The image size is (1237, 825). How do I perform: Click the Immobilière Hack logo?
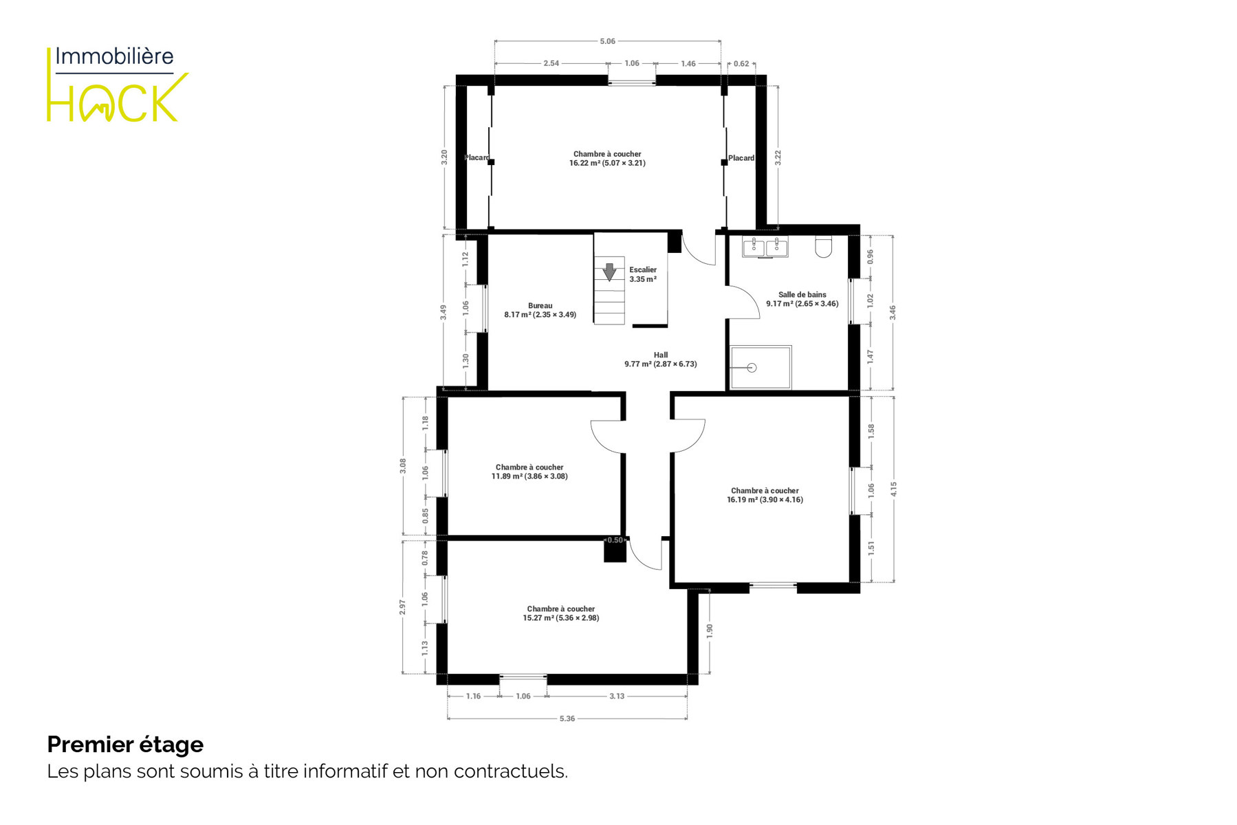click(117, 84)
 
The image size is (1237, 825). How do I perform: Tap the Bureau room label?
click(540, 310)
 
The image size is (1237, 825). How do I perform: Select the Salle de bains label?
click(802, 299)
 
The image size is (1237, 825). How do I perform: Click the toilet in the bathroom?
click(823, 247)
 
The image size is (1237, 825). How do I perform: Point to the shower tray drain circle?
click(752, 368)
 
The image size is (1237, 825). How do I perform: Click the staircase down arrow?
click(609, 272)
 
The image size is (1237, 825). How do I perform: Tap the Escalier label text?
click(643, 269)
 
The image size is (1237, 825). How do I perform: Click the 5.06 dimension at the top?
click(607, 41)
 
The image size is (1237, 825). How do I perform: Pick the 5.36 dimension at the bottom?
click(567, 718)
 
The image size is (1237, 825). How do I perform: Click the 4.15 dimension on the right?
click(893, 489)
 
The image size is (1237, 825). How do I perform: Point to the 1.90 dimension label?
click(710, 630)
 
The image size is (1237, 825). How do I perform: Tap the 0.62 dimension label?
click(741, 64)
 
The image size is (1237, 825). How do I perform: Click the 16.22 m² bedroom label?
click(607, 159)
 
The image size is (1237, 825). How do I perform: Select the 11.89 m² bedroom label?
click(529, 472)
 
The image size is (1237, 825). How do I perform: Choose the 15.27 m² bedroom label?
click(561, 613)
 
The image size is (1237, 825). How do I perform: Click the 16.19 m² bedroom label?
click(765, 495)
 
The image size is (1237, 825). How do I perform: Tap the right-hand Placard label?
click(741, 158)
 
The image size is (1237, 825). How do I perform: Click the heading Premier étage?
click(125, 745)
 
